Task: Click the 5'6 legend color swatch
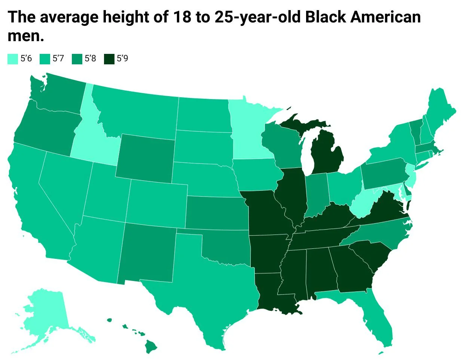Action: pos(12,59)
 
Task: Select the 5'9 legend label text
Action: pos(122,59)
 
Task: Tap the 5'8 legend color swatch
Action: pos(77,59)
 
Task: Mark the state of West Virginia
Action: pos(365,204)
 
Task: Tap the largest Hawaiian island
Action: pos(151,346)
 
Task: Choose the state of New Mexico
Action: pos(148,254)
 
